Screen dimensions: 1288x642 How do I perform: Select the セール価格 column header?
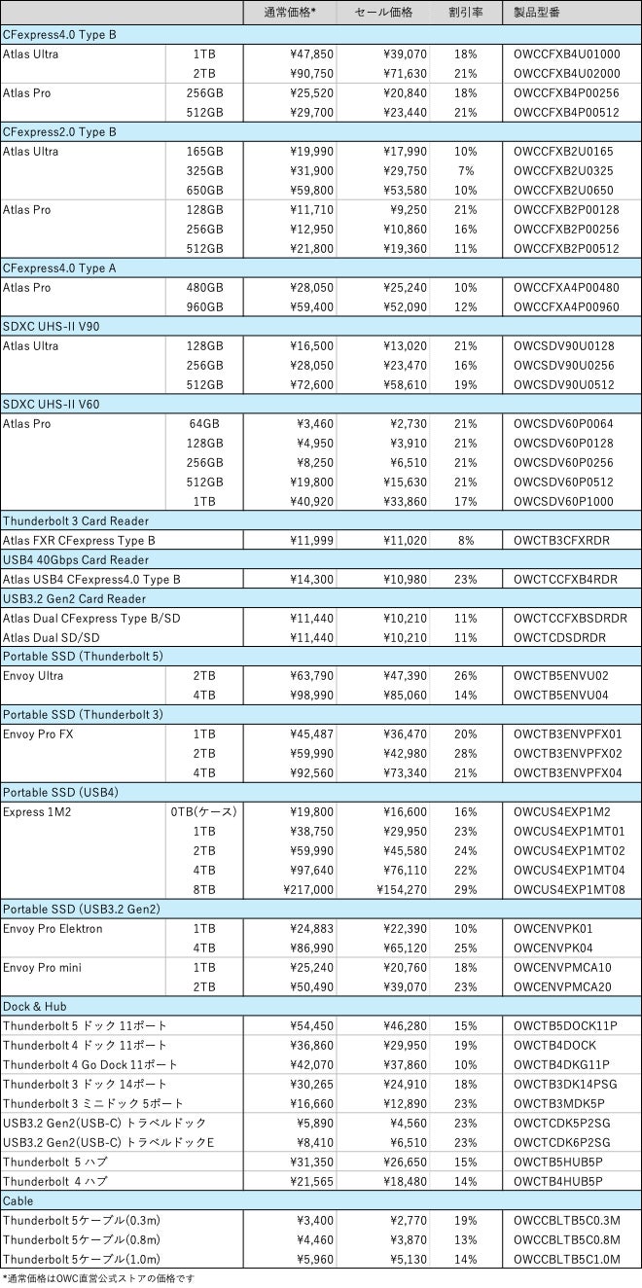point(383,13)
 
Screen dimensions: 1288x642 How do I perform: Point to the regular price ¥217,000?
point(308,889)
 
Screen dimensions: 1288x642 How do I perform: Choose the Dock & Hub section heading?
point(35,1006)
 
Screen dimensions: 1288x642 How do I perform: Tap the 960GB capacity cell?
point(204,306)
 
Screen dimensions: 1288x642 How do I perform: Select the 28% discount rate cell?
point(466,753)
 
